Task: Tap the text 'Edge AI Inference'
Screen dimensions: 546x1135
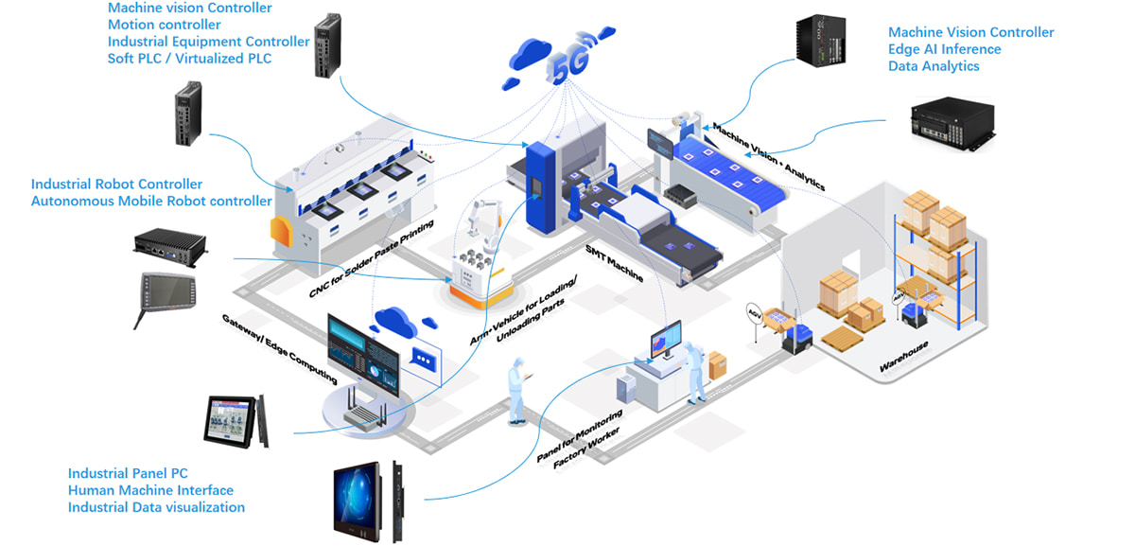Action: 944,49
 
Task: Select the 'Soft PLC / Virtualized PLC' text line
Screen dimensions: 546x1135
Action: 188,59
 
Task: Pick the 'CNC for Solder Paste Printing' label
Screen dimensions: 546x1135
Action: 371,258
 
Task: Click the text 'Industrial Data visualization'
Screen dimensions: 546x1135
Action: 156,507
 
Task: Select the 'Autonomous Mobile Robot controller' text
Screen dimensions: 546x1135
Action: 151,201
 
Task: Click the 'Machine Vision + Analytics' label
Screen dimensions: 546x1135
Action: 768,157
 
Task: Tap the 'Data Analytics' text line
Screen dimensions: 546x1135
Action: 934,66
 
